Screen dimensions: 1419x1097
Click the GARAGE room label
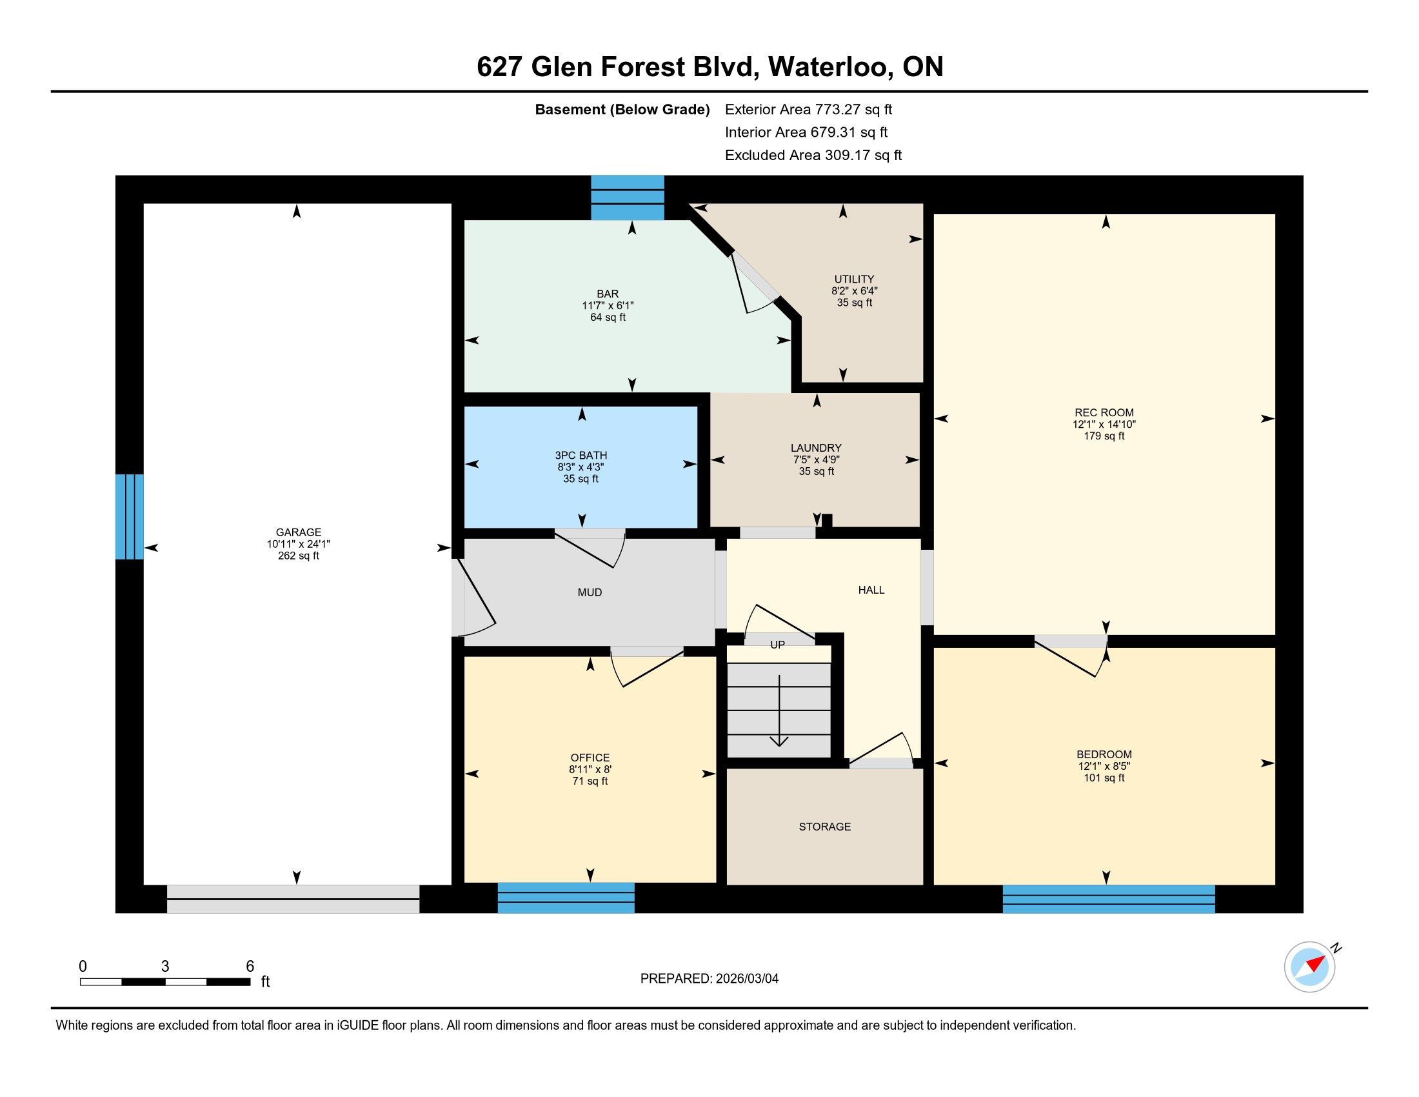[298, 532]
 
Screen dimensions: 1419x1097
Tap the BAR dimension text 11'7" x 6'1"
[608, 305]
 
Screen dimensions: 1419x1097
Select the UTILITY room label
[855, 279]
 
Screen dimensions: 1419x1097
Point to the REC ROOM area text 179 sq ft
[1104, 436]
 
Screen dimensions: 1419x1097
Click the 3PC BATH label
[581, 455]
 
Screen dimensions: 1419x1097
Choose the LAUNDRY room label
[816, 448]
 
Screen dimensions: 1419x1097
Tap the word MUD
[590, 592]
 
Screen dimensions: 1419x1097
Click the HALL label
[871, 589]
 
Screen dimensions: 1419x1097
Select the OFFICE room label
[590, 757]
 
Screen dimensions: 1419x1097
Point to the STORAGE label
[824, 826]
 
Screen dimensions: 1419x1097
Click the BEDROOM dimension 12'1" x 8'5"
[1104, 766]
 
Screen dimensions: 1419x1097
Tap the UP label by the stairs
[778, 645]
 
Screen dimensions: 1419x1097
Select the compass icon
[1310, 967]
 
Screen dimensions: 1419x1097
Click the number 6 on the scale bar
[250, 966]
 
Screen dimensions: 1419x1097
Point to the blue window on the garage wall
[129, 517]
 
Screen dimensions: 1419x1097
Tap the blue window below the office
[566, 898]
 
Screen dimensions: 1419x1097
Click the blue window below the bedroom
[1108, 899]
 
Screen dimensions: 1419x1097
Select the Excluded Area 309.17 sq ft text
[813, 156]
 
